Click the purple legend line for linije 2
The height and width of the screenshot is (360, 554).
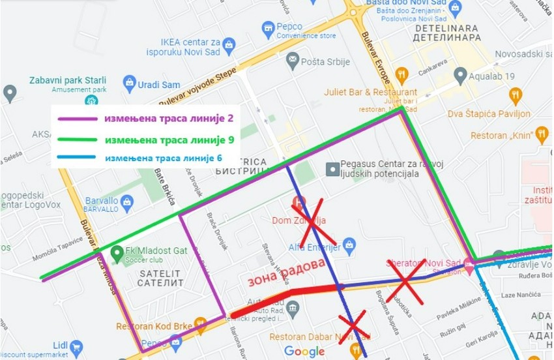pyautogui.click(x=78, y=119)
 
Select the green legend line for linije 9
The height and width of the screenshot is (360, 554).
pyautogui.click(x=78, y=140)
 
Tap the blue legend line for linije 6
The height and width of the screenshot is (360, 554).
pyautogui.click(x=78, y=158)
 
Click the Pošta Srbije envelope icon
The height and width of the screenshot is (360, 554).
pyautogui.click(x=293, y=61)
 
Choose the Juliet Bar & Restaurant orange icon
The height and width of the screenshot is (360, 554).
pyautogui.click(x=402, y=73)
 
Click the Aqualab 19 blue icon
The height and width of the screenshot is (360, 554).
pyautogui.click(x=462, y=76)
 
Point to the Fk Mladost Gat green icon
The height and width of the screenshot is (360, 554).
pyautogui.click(x=117, y=252)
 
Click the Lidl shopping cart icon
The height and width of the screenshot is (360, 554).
pyautogui.click(x=77, y=348)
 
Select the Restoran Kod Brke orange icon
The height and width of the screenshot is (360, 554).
pyautogui.click(x=200, y=324)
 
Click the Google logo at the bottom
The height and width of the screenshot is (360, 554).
pyautogui.click(x=304, y=352)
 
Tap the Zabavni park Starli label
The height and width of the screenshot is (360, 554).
pyautogui.click(x=68, y=80)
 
